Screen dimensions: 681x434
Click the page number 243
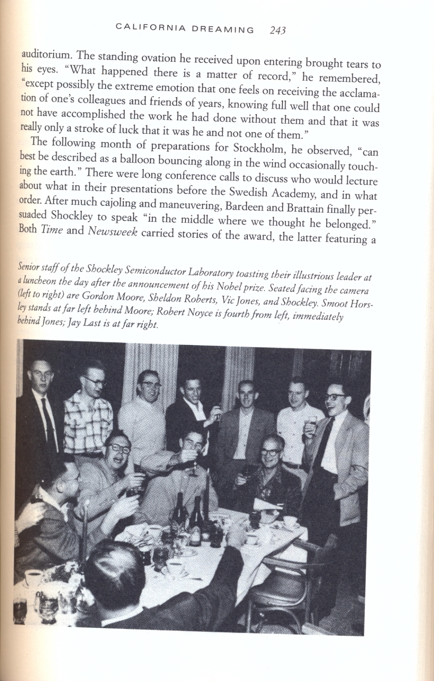(x=278, y=30)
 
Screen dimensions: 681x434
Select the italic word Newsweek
(x=113, y=231)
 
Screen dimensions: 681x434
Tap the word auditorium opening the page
(x=46, y=55)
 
